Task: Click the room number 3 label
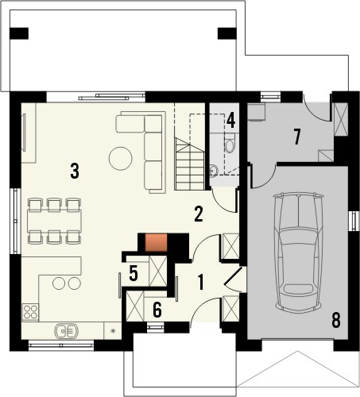(75, 171)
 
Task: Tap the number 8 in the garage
(335, 320)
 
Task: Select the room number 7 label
(297, 137)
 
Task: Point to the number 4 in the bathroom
(231, 121)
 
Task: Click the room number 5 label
(134, 273)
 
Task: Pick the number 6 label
(157, 310)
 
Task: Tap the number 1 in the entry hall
(201, 282)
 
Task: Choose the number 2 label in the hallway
(199, 214)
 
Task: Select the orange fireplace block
(156, 242)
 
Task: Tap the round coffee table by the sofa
(121, 159)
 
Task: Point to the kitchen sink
(67, 331)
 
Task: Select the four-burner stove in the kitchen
(30, 312)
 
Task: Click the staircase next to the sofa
(189, 164)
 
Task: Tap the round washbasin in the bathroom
(213, 171)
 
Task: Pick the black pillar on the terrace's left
(19, 33)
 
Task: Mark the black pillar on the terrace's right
(227, 33)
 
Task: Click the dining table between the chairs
(55, 221)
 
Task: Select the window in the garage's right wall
(354, 221)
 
